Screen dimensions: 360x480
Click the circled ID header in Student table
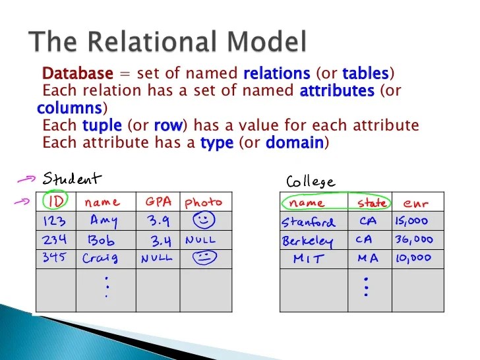point(55,202)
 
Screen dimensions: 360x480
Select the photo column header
point(203,202)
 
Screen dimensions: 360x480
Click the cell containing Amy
point(104,220)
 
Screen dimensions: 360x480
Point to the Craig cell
point(101,258)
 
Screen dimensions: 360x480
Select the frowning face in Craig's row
point(204,258)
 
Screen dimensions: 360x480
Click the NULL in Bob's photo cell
point(200,240)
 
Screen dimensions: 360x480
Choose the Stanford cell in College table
point(309,222)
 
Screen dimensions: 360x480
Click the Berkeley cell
point(307,241)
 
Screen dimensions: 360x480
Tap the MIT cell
point(308,258)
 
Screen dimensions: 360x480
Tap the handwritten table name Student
point(73,179)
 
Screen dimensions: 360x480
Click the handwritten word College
point(310,181)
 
